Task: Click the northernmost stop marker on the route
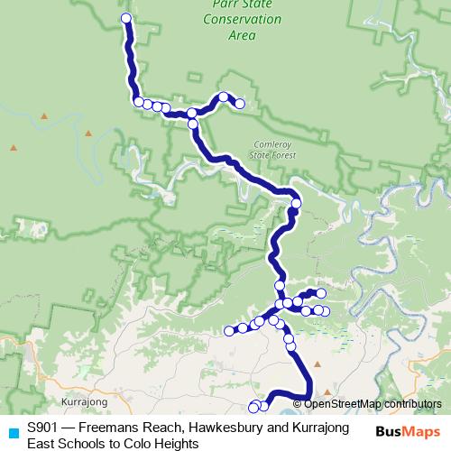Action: click(x=126, y=18)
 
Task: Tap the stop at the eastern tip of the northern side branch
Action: click(x=240, y=104)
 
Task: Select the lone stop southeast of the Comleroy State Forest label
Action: click(x=296, y=203)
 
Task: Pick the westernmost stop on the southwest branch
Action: click(x=229, y=331)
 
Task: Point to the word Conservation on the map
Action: click(x=229, y=19)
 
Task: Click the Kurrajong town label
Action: click(x=85, y=401)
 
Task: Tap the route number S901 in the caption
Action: click(x=44, y=428)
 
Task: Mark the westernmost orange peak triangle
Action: click(x=14, y=147)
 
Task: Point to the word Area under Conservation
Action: click(x=243, y=36)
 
